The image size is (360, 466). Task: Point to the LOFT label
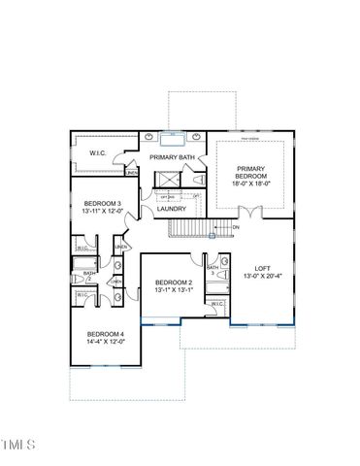point(262,267)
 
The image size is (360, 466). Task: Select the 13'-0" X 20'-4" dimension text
point(262,277)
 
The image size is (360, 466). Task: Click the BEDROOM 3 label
point(101,203)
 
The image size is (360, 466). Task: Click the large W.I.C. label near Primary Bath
point(99,151)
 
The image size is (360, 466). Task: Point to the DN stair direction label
point(236,227)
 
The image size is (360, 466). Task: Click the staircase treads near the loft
point(194,228)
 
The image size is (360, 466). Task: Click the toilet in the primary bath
point(200,180)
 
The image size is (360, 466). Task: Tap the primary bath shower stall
point(166,180)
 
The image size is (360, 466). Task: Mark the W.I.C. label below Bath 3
point(216,305)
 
